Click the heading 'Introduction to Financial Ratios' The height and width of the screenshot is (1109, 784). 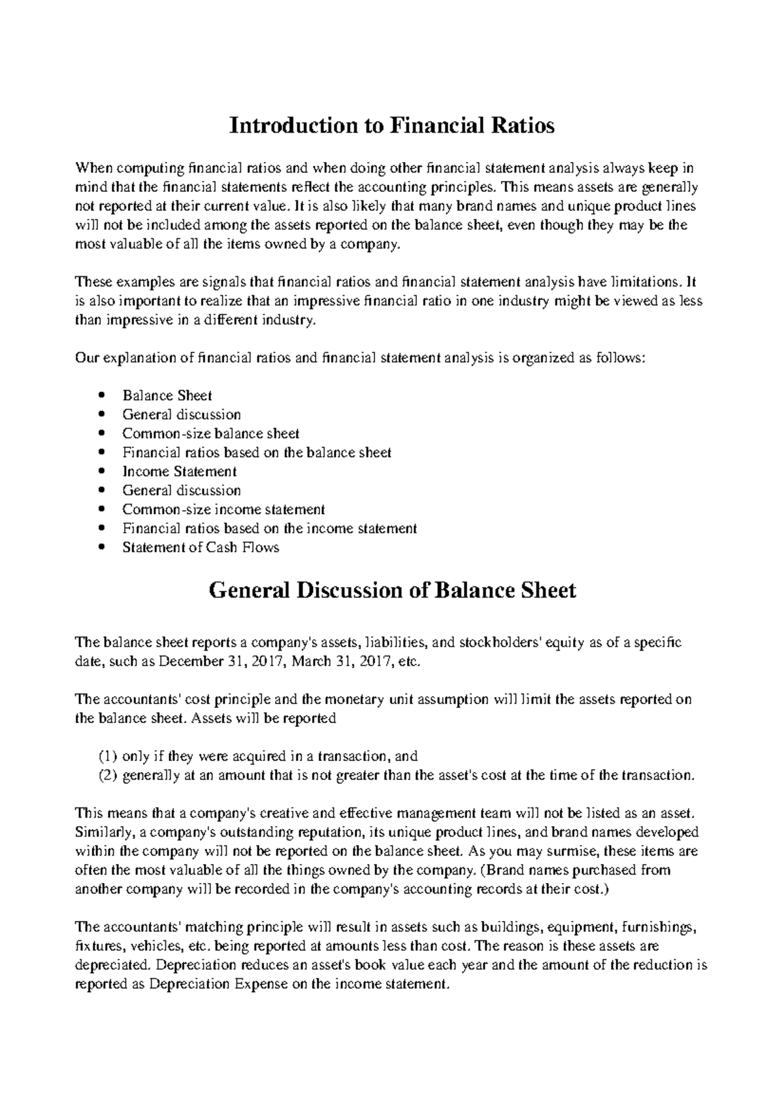coord(391,125)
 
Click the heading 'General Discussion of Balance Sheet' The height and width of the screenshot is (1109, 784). coord(391,590)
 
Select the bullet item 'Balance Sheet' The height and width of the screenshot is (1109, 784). coord(167,396)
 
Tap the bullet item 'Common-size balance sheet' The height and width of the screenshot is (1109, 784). coord(210,434)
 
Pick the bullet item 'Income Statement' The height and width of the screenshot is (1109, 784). coord(179,472)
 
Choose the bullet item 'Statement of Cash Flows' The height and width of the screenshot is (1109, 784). coord(201,547)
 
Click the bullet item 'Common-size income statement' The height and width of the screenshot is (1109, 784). coord(223,509)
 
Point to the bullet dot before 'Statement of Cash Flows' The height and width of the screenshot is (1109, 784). coord(100,547)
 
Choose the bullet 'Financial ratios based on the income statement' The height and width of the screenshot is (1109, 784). coord(269,528)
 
